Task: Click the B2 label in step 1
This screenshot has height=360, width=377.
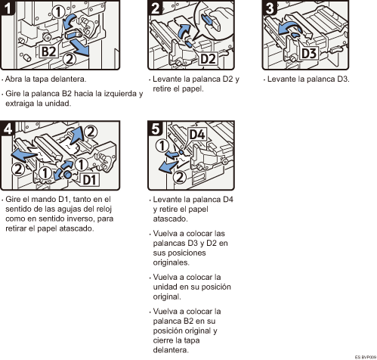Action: tap(48, 51)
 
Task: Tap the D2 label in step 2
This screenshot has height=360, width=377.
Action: tap(208, 59)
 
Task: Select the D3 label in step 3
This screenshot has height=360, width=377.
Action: tap(309, 54)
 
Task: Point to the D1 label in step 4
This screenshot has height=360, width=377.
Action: tap(89, 180)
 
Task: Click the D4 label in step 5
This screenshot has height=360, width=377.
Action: tap(197, 135)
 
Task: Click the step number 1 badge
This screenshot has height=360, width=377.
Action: tap(8, 8)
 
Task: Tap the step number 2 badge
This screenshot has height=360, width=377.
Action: tap(155, 8)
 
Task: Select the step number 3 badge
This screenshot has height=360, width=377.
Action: tap(270, 8)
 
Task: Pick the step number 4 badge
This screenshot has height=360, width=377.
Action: tap(8, 129)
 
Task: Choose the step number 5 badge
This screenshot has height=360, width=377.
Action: tap(155, 129)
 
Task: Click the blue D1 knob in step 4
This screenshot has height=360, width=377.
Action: tap(67, 175)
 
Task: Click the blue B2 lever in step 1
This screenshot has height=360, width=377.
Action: tap(73, 34)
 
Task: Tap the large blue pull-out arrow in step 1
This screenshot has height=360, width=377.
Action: tap(79, 48)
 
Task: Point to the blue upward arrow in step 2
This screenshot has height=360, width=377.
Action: tap(184, 31)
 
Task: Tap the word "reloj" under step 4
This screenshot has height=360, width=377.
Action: tap(104, 209)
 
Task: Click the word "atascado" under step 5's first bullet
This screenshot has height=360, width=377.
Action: tap(170, 219)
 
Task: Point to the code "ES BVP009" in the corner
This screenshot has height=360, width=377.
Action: tap(365, 357)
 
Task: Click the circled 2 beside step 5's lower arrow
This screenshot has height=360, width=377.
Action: tap(179, 177)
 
